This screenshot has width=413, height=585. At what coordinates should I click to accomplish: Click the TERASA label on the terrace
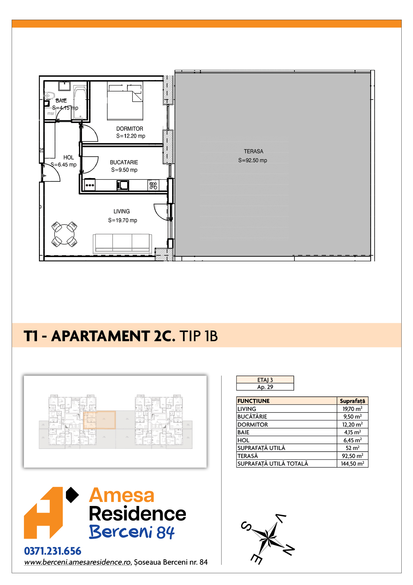pos(253,151)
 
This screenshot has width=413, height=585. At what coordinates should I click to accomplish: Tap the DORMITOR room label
pos(130,129)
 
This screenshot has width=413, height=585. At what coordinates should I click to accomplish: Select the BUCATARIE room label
pos(124,162)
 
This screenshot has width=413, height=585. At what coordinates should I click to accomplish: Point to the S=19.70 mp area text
pos(123,220)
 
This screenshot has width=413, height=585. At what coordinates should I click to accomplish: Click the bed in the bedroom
pos(125,101)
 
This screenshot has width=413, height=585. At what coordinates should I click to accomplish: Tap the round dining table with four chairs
pos(64,234)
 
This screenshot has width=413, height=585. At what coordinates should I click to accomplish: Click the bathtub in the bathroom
pos(80,103)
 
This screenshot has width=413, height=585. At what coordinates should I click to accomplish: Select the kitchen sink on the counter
pos(123,185)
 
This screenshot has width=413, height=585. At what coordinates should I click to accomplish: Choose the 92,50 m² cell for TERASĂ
pos(352,456)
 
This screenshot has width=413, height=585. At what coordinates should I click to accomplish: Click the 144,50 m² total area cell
pos(352,464)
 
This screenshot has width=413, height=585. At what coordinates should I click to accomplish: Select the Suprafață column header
pos(352,401)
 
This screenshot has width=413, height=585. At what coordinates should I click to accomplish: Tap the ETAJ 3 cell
pos(265,380)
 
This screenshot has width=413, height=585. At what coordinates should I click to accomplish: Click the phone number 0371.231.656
pos(53,551)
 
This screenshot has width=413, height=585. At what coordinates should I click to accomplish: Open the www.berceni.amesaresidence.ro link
pos(77,562)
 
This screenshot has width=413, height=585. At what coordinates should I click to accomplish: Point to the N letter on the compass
pos(289,550)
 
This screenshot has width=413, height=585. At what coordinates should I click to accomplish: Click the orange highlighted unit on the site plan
pos(99,420)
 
